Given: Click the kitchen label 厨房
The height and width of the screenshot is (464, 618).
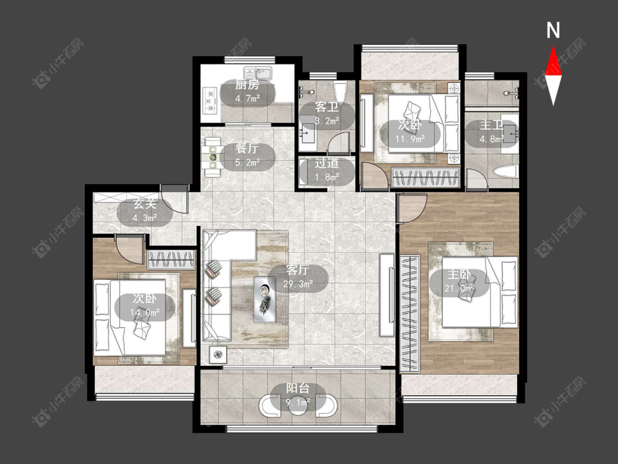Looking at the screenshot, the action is click(247, 85).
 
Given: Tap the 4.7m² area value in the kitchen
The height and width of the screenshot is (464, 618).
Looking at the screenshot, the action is click(247, 98).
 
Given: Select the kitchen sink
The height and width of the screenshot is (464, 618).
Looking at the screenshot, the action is click(258, 73).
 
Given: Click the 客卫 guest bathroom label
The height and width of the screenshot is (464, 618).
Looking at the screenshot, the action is click(327, 107).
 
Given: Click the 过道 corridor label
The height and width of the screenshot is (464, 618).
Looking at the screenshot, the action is click(327, 163).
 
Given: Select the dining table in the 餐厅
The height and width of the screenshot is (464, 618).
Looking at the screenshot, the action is click(213, 157).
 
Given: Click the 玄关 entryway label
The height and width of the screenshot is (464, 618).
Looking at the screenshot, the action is click(145, 204).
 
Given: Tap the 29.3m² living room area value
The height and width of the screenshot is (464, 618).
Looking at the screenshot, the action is click(298, 284).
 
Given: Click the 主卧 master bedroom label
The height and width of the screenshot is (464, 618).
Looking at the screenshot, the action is click(459, 275).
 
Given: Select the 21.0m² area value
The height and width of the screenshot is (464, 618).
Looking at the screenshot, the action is click(459, 289).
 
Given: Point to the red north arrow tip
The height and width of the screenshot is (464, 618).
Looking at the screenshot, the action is click(553, 46).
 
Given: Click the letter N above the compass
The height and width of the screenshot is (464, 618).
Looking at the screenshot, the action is click(553, 30).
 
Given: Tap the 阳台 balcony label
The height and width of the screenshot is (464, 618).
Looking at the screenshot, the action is click(298, 388).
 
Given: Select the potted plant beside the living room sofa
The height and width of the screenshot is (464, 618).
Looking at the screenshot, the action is click(218, 354).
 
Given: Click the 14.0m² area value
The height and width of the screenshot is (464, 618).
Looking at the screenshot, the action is click(145, 312).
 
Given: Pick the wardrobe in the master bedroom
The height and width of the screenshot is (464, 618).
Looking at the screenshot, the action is click(410, 314).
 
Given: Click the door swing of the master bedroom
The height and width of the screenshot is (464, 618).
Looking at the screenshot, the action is click(412, 208).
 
